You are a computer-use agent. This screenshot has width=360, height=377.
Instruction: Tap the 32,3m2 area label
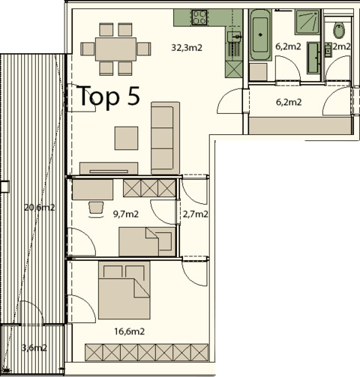tap(187, 47)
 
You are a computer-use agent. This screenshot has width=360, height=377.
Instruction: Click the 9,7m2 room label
tap(125, 214)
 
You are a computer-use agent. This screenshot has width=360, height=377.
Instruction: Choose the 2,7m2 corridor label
tap(195, 214)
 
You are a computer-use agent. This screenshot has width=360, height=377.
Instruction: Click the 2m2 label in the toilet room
tap(341, 46)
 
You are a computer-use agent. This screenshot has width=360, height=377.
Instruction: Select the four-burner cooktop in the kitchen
tap(199, 16)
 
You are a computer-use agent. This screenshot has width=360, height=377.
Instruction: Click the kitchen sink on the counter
tap(235, 37)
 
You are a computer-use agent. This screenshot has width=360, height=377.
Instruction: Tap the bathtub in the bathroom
tap(260, 36)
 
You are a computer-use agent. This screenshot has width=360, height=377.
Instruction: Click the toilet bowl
tap(339, 30)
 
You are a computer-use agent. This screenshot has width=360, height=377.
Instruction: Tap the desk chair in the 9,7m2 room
tap(95, 207)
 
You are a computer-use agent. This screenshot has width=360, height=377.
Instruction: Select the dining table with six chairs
tap(115, 49)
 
